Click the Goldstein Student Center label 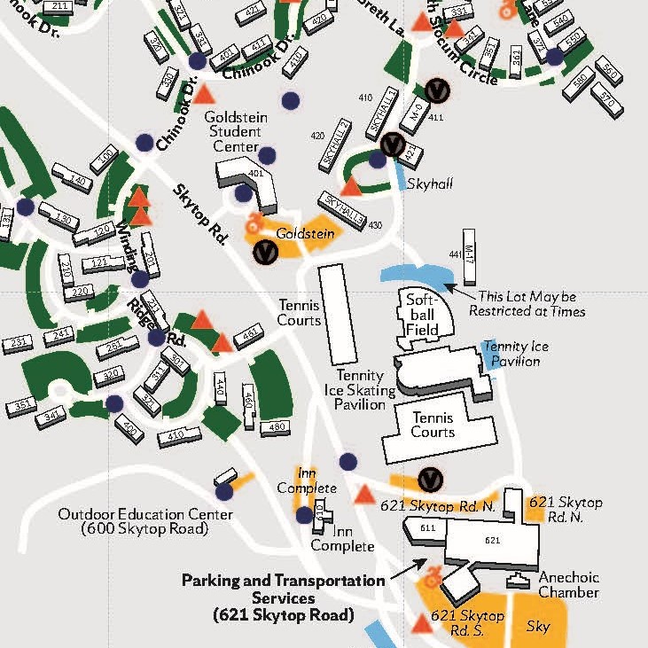tap(232, 131)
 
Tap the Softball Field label tap(422, 315)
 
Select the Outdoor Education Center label tap(145, 521)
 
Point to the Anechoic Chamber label tap(568, 585)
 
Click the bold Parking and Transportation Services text tap(283, 597)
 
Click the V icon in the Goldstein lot tap(264, 252)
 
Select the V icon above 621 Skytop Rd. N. tap(430, 479)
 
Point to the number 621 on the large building tap(494, 539)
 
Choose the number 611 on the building tap(428, 528)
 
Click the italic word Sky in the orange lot tap(537, 627)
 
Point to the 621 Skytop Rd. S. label tap(467, 622)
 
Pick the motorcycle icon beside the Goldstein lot tap(255, 220)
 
